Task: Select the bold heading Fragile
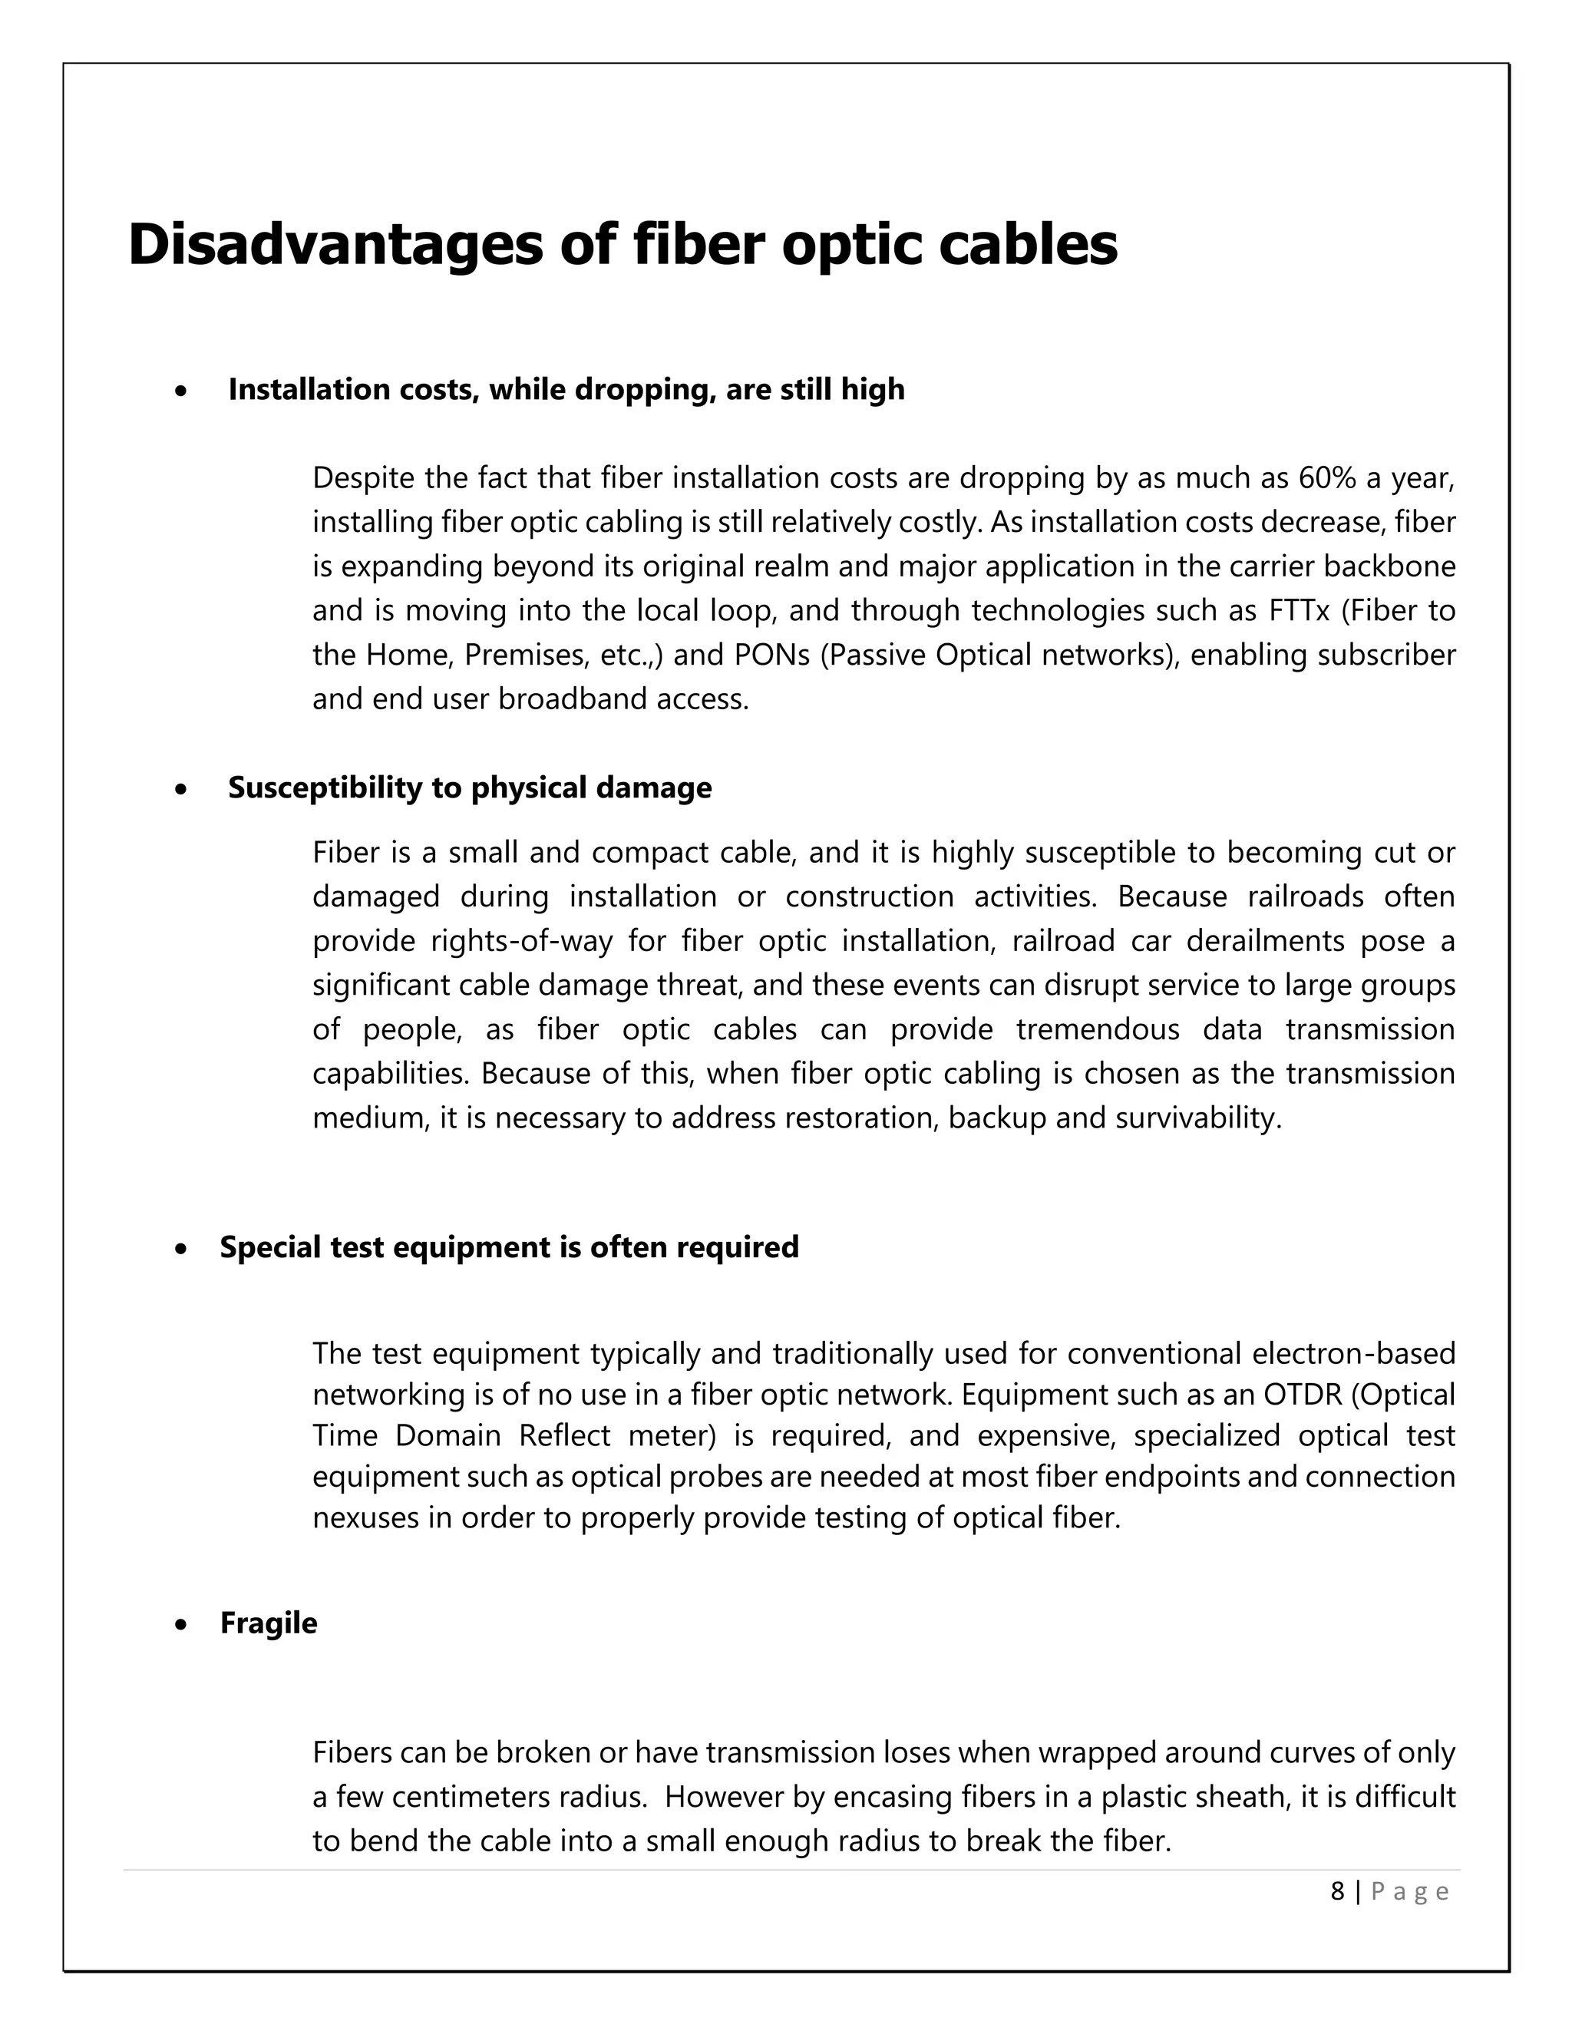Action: point(268,1623)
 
